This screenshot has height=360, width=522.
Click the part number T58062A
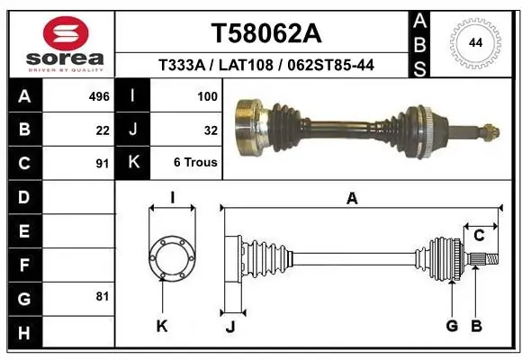point(266,33)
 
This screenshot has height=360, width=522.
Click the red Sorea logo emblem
point(66,33)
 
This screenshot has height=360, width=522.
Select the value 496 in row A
point(99,96)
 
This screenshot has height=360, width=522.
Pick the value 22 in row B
point(103,130)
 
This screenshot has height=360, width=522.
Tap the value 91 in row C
point(103,164)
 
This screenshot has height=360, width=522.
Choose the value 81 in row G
point(103,296)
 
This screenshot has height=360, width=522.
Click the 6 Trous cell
point(195,162)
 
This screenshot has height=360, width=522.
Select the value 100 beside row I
point(207,96)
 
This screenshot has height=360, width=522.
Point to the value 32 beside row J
point(211,130)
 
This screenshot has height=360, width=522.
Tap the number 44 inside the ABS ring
point(475,43)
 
